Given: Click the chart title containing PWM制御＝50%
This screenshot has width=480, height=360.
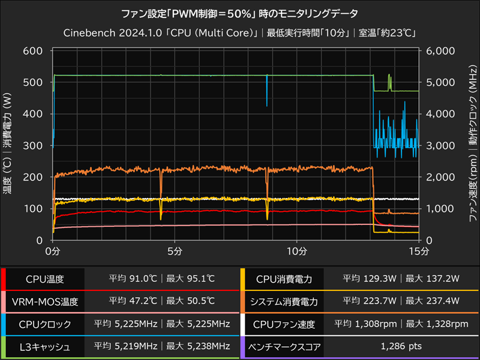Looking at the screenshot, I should [240, 13].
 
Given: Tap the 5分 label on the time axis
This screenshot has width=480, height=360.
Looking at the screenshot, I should [175, 250].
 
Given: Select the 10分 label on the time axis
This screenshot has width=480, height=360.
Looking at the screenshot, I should [298, 250].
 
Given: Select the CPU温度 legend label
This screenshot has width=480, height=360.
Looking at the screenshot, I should [45, 279].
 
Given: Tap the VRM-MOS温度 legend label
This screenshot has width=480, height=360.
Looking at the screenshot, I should [45, 301].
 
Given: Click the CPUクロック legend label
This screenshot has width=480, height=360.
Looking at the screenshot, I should [45, 324].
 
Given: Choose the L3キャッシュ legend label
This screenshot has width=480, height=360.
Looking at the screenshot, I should [45, 346].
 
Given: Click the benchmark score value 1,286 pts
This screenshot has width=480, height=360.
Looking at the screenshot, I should [401, 346].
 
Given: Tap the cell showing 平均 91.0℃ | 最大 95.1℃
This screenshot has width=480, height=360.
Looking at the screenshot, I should [161, 279].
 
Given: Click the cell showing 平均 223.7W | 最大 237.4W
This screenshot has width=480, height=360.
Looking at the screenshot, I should [401, 301].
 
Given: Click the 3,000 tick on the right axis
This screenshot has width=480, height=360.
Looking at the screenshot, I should [439, 145].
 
